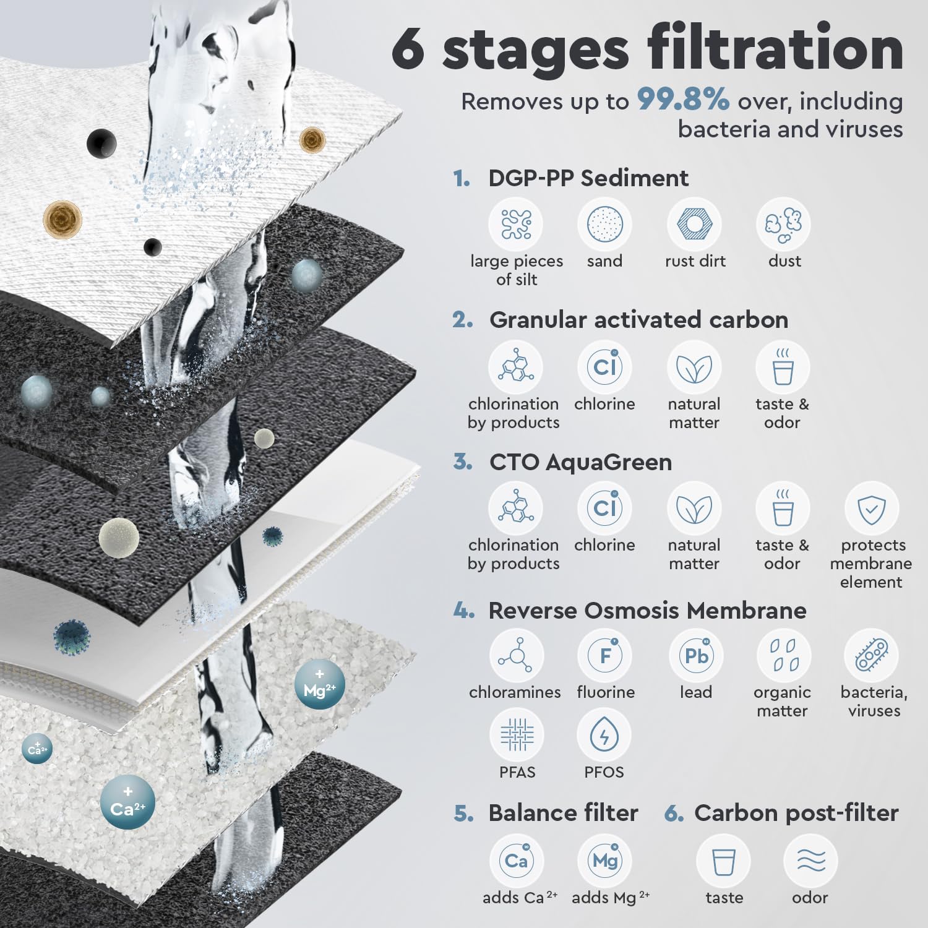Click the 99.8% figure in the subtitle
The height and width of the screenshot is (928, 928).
(683, 100)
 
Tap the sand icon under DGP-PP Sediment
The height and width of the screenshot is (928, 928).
(604, 224)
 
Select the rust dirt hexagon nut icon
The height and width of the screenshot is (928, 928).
(694, 224)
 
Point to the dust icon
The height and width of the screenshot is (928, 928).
(783, 224)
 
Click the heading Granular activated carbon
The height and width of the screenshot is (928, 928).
(638, 320)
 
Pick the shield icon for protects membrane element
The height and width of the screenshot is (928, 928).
(871, 509)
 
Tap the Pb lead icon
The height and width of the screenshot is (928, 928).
(697, 656)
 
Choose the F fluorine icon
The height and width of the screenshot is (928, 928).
(605, 656)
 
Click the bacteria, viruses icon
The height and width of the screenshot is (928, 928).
(871, 656)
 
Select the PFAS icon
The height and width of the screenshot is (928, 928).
(517, 736)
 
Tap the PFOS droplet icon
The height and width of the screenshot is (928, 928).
(604, 736)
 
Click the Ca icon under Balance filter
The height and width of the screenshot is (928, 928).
(517, 861)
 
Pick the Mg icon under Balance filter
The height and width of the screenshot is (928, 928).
(604, 861)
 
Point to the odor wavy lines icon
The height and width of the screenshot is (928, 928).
(810, 861)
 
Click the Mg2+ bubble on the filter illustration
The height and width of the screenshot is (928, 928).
(320, 685)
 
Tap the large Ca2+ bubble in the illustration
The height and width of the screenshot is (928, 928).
(127, 802)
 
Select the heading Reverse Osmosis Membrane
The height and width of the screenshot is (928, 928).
(647, 611)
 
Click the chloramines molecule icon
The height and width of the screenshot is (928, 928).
(517, 656)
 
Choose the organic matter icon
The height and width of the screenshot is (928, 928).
(783, 656)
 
